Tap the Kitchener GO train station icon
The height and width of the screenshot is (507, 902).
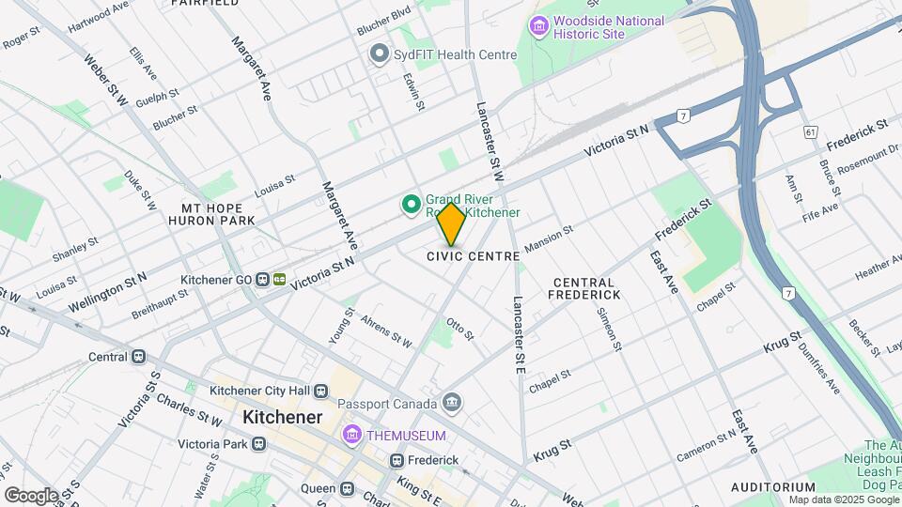click(279, 280)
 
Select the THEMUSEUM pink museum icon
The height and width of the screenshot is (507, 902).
click(352, 436)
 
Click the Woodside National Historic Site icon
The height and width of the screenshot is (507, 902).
click(538, 26)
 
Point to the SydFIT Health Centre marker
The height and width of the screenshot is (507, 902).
click(380, 54)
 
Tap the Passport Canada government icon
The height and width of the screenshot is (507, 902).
click(453, 404)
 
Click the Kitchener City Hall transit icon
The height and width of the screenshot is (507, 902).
click(321, 391)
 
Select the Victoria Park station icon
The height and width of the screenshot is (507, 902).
click(259, 443)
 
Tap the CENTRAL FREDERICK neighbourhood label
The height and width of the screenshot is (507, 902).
click(583, 288)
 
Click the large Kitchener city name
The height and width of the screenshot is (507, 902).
click(282, 417)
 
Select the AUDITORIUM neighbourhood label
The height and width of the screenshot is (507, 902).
click(773, 487)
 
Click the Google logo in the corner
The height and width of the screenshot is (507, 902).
click(30, 495)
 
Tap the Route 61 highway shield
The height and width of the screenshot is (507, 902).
click(810, 132)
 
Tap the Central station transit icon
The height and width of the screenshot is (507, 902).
click(138, 357)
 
